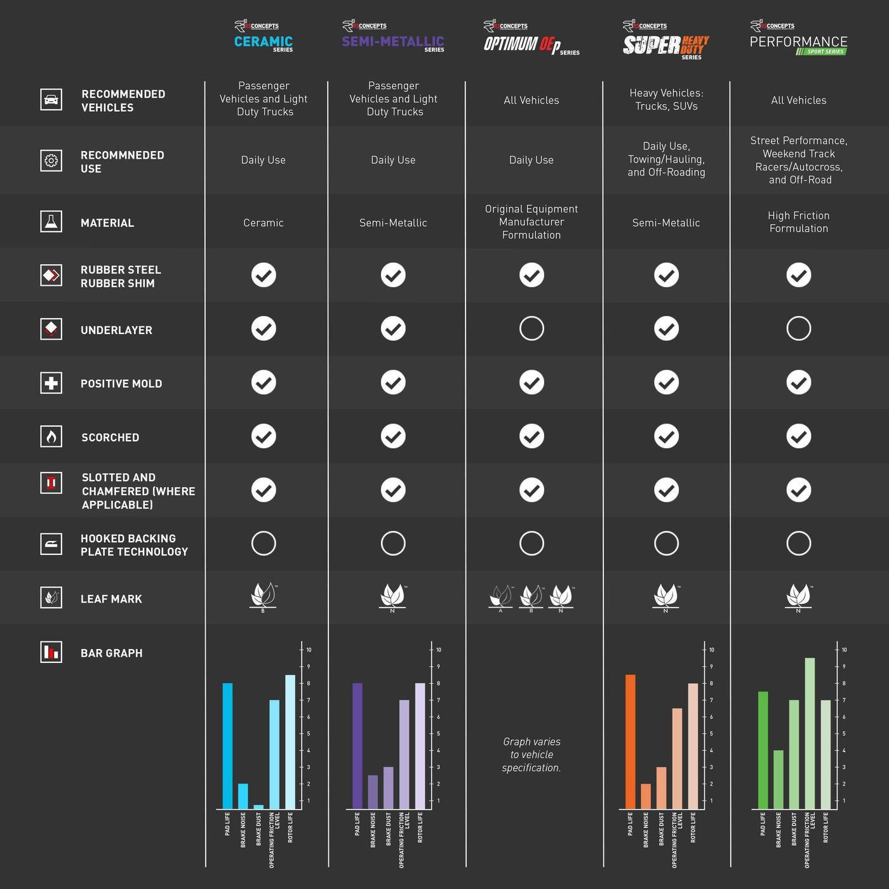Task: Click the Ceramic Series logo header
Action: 264,37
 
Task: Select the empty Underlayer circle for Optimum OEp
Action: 531,328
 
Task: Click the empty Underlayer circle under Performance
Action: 798,328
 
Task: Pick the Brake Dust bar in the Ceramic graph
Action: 258,806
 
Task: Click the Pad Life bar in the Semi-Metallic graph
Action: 358,746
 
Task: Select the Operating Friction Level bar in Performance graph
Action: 810,733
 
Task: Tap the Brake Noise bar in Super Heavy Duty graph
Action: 646,796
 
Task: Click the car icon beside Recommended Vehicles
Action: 51,100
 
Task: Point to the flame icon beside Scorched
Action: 51,436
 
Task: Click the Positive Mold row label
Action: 121,384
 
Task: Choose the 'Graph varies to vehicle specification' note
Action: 531,754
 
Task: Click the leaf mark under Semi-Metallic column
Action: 393,596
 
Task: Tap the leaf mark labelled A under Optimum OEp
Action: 500,597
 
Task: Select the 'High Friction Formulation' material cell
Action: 798,222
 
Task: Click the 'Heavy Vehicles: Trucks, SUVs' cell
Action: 666,100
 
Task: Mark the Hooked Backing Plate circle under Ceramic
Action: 264,544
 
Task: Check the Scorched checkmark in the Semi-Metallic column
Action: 393,436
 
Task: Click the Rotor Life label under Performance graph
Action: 825,827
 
